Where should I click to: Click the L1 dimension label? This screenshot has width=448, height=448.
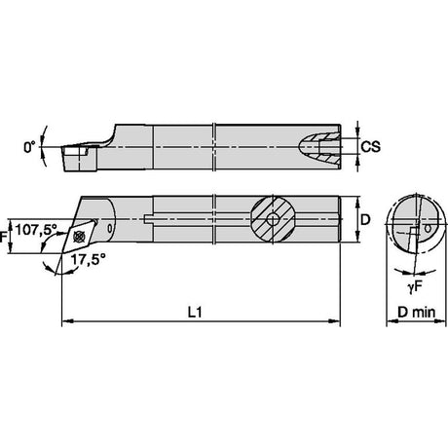pos(195,313)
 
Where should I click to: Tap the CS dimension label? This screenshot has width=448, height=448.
pos(371,147)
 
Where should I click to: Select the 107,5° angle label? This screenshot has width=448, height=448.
pos(36,229)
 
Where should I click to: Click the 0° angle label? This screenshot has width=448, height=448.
pos(29,147)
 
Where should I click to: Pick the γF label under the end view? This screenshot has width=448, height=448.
pos(415,286)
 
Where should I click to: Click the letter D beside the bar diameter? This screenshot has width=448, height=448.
pos(365,220)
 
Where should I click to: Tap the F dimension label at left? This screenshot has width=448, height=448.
pos(3,237)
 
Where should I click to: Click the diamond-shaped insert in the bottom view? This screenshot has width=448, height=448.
pos(79,237)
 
